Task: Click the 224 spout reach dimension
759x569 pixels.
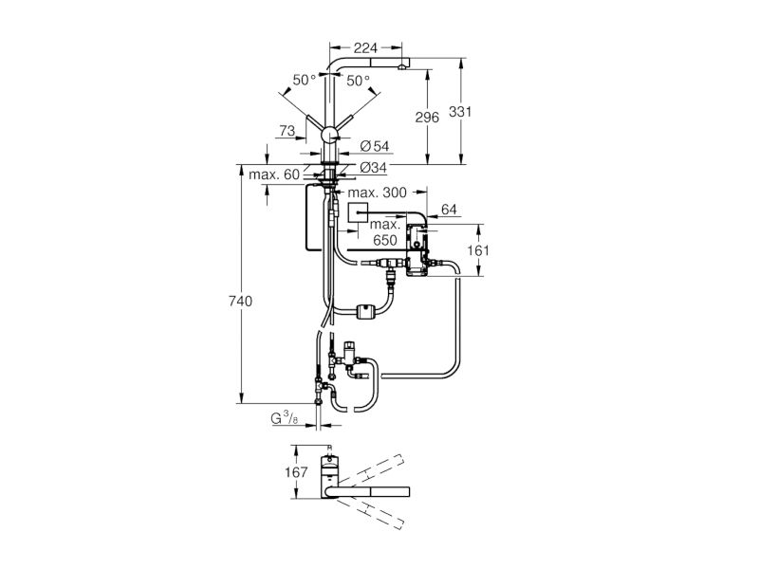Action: tap(365, 48)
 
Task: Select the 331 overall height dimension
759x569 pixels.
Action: tap(460, 112)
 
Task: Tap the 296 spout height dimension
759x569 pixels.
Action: tap(427, 118)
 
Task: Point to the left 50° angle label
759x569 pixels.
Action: tap(305, 80)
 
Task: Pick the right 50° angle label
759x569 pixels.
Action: tap(359, 81)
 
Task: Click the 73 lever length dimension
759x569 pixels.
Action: tap(287, 131)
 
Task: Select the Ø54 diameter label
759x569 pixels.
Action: tap(374, 146)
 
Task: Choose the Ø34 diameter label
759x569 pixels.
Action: tap(373, 168)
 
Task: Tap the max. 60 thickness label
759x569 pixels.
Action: tap(274, 174)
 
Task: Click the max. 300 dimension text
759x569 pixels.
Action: tap(377, 193)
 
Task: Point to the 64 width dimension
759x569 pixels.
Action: tap(449, 210)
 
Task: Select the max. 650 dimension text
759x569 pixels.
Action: tap(385, 232)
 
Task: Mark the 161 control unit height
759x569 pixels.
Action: tap(478, 250)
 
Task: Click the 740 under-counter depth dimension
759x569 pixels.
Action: tap(240, 302)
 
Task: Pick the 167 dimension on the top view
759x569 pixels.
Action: tap(296, 471)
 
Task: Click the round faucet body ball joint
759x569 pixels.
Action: tap(331, 134)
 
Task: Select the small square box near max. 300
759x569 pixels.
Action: tap(358, 211)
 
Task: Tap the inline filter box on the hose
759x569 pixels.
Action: tap(364, 312)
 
